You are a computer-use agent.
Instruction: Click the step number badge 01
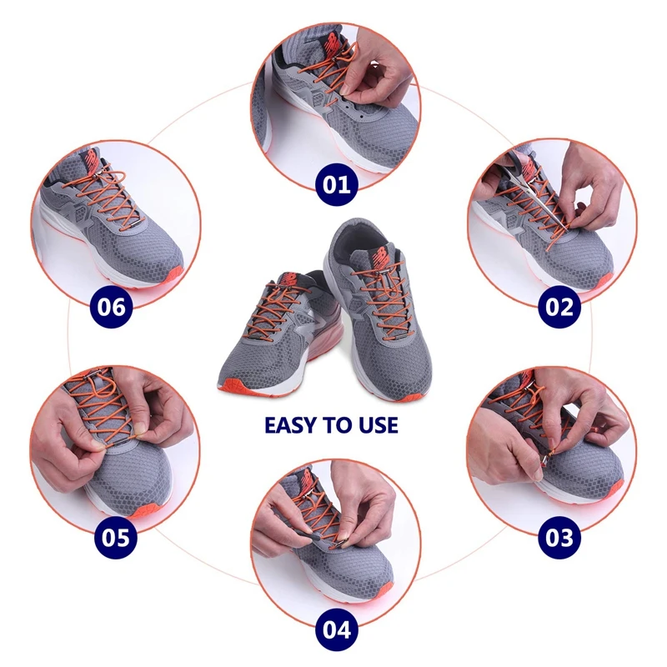[338, 183]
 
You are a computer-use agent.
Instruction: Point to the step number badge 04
[337, 628]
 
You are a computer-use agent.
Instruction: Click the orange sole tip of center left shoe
[236, 386]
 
